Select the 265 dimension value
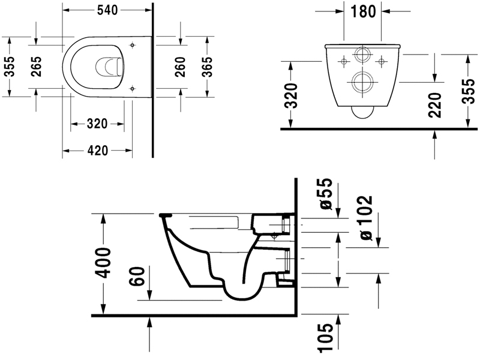tap(37, 66)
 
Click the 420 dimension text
tap(97, 151)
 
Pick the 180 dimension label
tap(362, 11)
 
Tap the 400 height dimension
tap(104, 263)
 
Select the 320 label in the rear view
tap(290, 95)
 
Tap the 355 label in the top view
tap(10, 66)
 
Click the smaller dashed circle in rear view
tap(362, 55)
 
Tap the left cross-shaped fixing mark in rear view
tap(344, 61)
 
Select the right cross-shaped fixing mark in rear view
tap(382, 61)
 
